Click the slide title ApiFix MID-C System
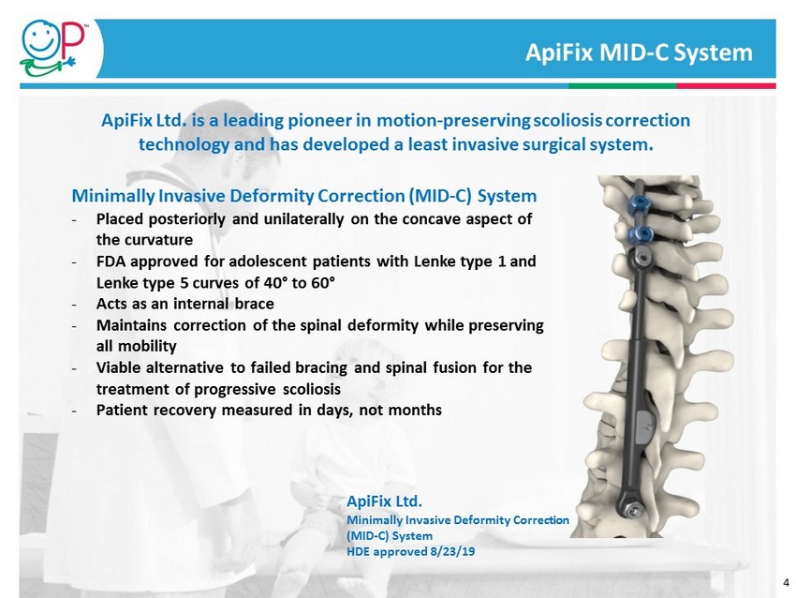(639, 52)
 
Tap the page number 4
(787, 583)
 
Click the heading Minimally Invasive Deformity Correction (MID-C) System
(304, 196)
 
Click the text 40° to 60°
(300, 282)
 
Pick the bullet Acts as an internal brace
(184, 304)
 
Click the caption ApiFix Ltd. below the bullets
(384, 501)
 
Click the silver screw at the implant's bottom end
(631, 509)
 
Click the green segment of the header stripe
(623, 86)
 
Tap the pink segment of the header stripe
(727, 86)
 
